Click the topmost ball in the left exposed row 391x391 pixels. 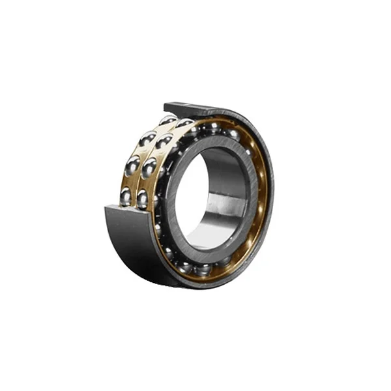(x=167, y=121)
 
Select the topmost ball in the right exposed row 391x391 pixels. (x=185, y=124)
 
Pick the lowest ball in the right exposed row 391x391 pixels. (x=143, y=197)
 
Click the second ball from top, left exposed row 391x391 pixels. (x=147, y=139)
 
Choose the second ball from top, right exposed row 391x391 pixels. (x=164, y=141)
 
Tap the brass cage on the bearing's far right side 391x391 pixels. (x=263, y=189)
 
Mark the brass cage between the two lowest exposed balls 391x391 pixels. (x=134, y=199)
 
